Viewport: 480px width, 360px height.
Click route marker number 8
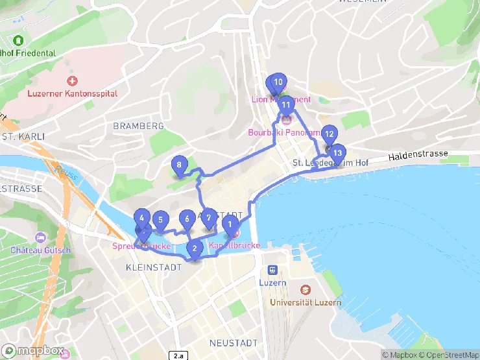(x=179, y=165)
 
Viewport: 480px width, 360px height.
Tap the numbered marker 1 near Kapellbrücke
(x=229, y=224)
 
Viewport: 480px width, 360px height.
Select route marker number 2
(x=194, y=247)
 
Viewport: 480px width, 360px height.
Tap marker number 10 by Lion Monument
(x=278, y=82)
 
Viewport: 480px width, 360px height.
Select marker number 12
(x=329, y=134)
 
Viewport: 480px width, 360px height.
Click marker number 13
(x=337, y=153)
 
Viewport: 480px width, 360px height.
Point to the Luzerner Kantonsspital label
(x=73, y=93)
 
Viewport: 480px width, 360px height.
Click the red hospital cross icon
(x=72, y=82)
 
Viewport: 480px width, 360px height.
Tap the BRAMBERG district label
(x=138, y=125)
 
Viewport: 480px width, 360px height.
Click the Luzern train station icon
(x=273, y=270)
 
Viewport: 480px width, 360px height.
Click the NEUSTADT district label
(x=234, y=342)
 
